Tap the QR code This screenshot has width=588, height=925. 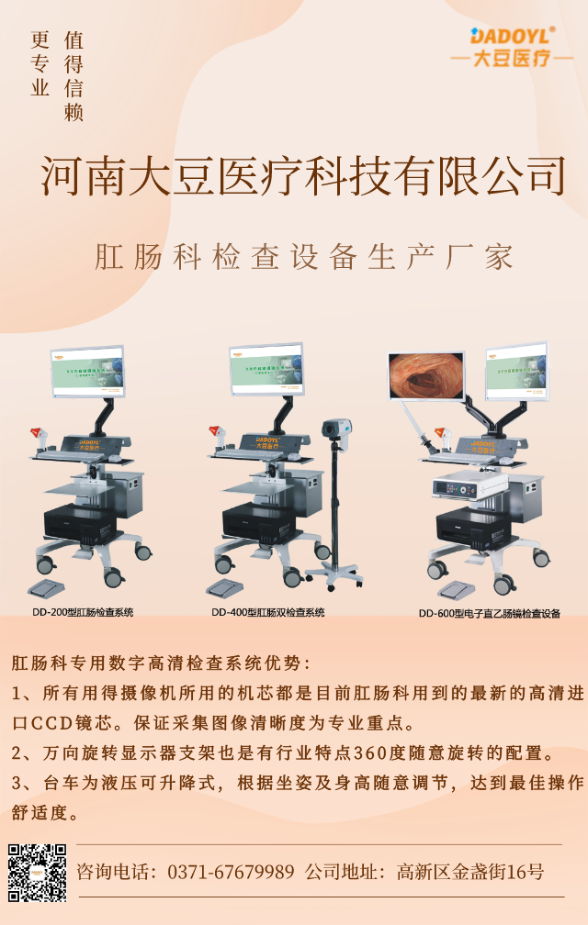click(x=38, y=871)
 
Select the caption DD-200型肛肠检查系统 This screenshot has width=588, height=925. click(x=85, y=612)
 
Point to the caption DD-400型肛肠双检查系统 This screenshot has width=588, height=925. click(x=267, y=612)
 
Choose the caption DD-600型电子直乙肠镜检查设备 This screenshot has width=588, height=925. click(x=489, y=613)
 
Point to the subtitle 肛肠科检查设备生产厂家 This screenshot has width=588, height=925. click(x=303, y=257)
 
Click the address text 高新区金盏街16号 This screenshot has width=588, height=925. click(x=469, y=871)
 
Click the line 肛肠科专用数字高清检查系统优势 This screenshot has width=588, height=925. click(x=161, y=663)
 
